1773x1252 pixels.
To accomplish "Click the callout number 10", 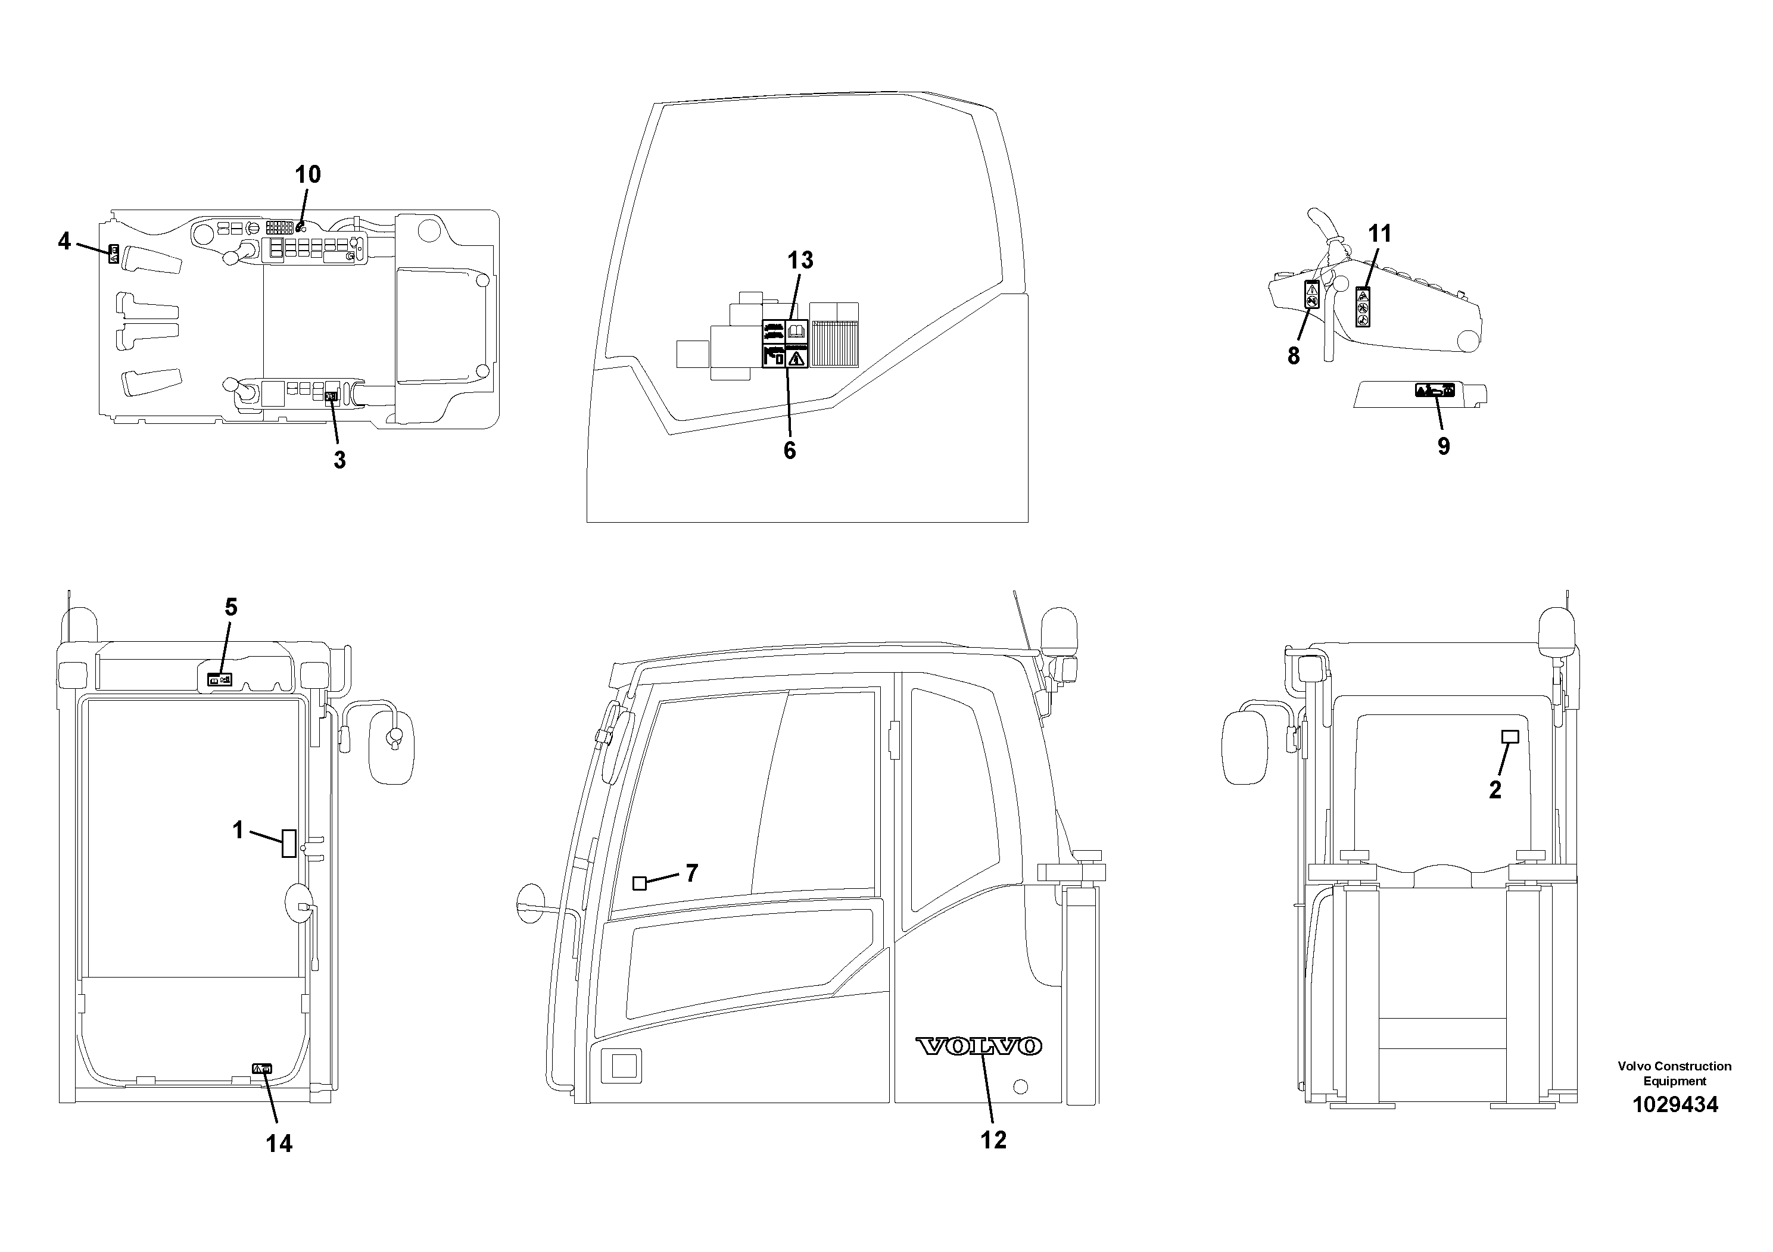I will tap(307, 174).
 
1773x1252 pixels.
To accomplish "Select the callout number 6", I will tap(789, 450).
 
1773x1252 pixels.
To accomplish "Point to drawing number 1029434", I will tap(1674, 1104).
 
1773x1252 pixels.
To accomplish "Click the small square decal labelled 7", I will tap(640, 883).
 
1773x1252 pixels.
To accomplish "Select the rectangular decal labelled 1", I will tap(289, 842).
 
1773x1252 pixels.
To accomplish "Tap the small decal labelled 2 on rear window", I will tap(1509, 736).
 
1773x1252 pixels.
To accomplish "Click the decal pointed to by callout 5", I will tap(220, 680).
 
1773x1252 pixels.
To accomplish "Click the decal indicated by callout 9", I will tap(1435, 390).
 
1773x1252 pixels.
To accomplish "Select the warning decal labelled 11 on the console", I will tap(1363, 307).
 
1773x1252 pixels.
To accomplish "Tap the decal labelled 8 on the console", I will tap(1311, 295).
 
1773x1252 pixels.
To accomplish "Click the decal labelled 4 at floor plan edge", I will tap(113, 254).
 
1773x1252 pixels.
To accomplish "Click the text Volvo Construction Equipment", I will tap(1674, 1073).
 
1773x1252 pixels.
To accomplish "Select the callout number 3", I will tap(339, 460).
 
